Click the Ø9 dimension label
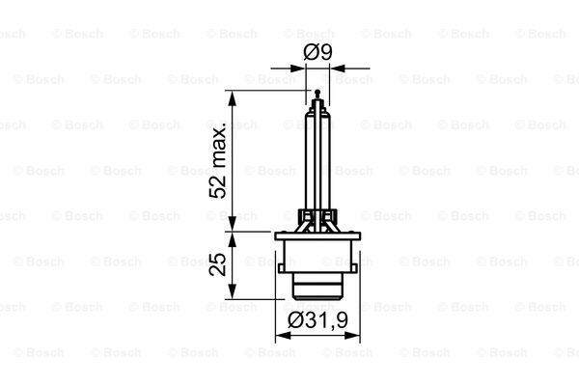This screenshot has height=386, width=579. tap(317, 52)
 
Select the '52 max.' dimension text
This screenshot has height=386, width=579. tap(218, 163)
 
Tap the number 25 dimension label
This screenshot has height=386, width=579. tap(218, 264)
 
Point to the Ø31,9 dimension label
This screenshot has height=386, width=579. tap(317, 319)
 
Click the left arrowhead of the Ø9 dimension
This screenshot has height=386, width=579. tap(297, 69)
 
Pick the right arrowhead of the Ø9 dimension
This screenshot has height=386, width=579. tap(338, 69)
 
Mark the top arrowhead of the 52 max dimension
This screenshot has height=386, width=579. tap(232, 97)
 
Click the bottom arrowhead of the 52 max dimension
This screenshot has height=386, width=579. tap(232, 224)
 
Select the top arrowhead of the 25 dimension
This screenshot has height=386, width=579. tap(232, 240)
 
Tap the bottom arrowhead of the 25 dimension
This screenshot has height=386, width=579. tap(232, 291)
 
